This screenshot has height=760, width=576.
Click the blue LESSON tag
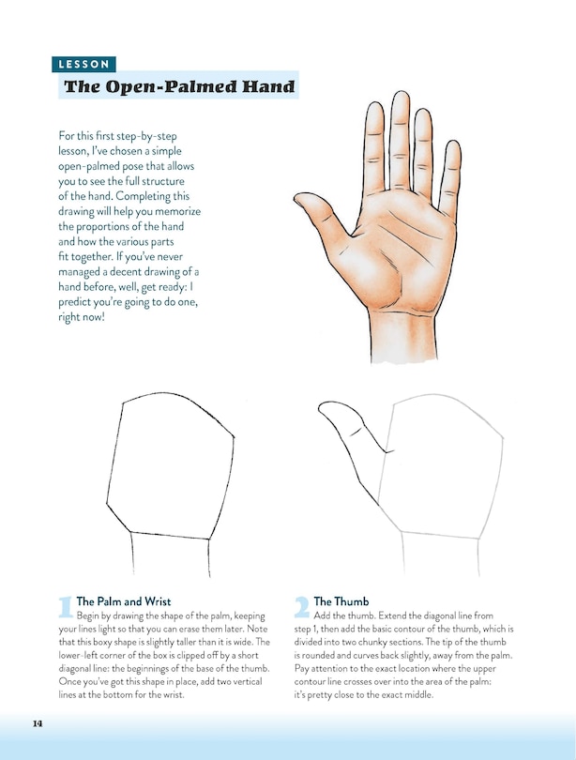coord(83,65)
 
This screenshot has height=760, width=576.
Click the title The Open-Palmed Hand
coord(178,88)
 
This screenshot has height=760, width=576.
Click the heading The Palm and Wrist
coord(124,600)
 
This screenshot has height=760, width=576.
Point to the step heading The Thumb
coord(341,600)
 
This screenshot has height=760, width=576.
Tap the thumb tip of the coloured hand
coord(302,199)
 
